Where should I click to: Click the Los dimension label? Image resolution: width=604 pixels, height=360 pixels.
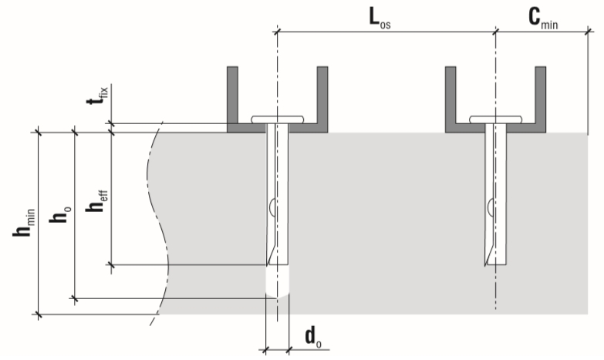point(380,19)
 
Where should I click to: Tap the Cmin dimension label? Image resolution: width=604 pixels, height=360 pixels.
point(543,19)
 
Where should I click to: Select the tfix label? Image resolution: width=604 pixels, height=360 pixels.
point(98,96)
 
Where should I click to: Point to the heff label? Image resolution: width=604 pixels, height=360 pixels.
point(96,201)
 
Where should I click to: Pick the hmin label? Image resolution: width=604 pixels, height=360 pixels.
point(24,223)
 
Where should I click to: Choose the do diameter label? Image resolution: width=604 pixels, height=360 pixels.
point(313,337)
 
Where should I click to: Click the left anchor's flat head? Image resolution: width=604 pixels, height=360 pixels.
point(278,119)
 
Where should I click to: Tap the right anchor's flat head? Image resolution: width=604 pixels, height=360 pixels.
point(496,119)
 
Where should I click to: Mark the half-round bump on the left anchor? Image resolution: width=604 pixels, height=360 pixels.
point(272,207)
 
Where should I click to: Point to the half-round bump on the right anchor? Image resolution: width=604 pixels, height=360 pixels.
point(490,207)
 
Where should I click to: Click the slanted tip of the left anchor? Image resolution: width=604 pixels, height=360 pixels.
point(272,254)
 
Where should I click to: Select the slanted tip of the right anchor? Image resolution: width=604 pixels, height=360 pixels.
point(491,254)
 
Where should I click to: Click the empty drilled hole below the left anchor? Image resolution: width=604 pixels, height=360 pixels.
point(278,281)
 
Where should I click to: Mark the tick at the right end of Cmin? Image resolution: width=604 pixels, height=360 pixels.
point(589,31)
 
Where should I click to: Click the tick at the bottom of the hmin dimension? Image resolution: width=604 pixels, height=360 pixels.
point(38,315)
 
